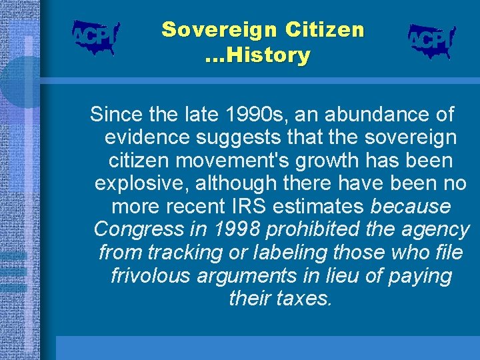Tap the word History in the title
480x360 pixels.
[x=267, y=55]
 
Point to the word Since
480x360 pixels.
[x=115, y=115]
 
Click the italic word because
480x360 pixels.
[x=410, y=207]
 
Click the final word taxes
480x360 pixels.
[x=306, y=299]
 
